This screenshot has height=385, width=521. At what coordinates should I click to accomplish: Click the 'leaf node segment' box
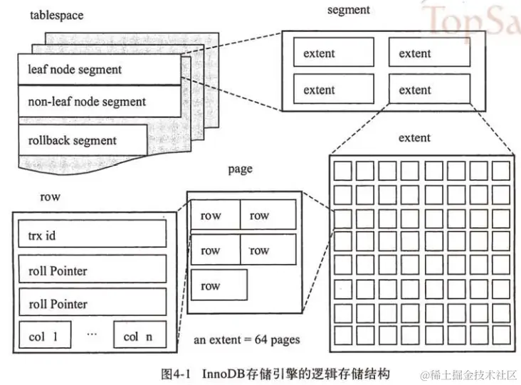[x=100, y=70]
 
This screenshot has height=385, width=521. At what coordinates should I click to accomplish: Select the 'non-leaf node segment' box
[x=100, y=101]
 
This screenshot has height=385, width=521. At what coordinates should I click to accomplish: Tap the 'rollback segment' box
[x=83, y=140]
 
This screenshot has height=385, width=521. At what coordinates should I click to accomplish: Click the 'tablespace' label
[x=56, y=15]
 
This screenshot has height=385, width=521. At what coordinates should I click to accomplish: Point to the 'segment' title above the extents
[x=348, y=10]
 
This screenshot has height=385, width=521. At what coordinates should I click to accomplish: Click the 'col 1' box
[x=45, y=335]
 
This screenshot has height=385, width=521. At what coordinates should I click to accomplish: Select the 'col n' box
[x=140, y=335]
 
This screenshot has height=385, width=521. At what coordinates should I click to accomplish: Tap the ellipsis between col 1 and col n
[x=92, y=334]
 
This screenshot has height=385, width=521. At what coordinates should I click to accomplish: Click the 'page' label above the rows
[x=240, y=169]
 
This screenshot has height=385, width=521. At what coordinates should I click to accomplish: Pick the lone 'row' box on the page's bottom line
[x=219, y=285]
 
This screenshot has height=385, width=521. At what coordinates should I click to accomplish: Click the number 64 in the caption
[x=260, y=339]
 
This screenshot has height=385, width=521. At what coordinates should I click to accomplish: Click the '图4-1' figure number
[x=175, y=374]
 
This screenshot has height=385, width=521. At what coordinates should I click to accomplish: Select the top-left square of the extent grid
[x=343, y=171]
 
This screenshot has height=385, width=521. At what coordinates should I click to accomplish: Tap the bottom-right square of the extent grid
[x=501, y=335]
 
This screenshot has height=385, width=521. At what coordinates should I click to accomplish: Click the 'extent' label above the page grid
[x=414, y=137]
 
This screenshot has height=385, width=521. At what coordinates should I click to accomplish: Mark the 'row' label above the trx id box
[x=50, y=197]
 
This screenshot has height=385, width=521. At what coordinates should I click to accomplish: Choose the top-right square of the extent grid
[x=501, y=171]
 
